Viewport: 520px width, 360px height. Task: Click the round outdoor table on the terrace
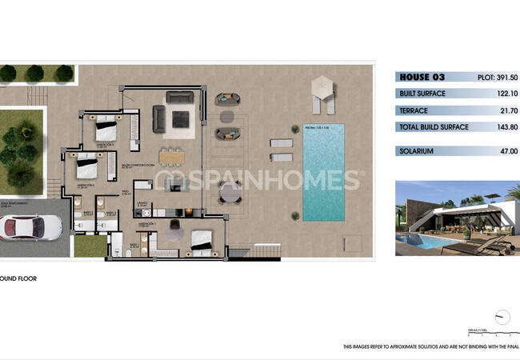click(x=230, y=192)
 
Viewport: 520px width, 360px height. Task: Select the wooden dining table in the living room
click(x=171, y=155)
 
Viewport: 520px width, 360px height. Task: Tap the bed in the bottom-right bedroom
click(x=202, y=238)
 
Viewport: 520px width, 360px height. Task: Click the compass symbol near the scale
click(x=502, y=316)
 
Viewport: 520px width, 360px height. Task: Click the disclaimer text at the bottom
click(x=431, y=346)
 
